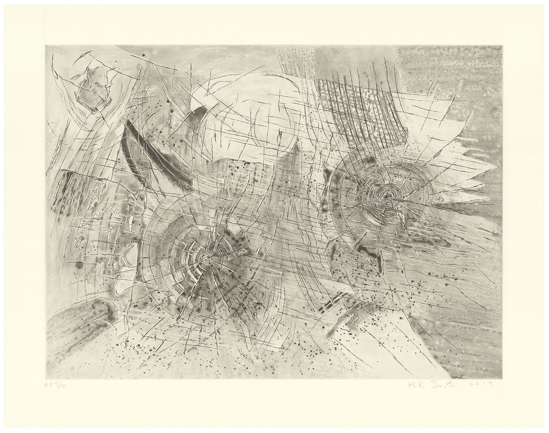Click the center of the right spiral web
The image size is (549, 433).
click(x=385, y=197)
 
